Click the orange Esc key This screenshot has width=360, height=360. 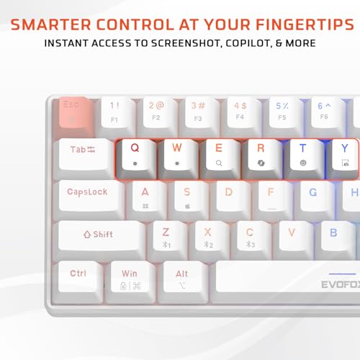pyautogui.click(x=73, y=111)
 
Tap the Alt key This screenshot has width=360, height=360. pyautogui.click(x=182, y=276)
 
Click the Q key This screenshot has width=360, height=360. pyautogui.click(x=135, y=153)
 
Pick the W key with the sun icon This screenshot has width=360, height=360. pyautogui.click(x=177, y=153)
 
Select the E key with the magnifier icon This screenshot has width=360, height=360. pyautogui.click(x=219, y=153)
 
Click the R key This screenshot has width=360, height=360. pyautogui.click(x=261, y=153)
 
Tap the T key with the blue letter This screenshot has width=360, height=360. pyautogui.click(x=302, y=153)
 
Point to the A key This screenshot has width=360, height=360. pyautogui.click(x=145, y=195)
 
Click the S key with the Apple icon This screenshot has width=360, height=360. pyautogui.click(x=187, y=195)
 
